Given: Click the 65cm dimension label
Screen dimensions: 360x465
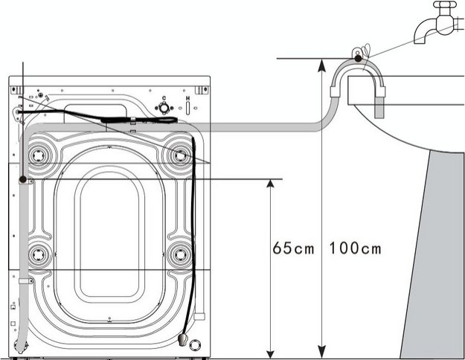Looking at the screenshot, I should pyautogui.click(x=293, y=248).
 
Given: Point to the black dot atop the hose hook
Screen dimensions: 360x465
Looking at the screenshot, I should pyautogui.click(x=358, y=58).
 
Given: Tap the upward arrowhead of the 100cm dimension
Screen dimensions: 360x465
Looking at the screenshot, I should pyautogui.click(x=321, y=64).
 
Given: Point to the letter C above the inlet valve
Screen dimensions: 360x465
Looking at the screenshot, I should pyautogui.click(x=162, y=97).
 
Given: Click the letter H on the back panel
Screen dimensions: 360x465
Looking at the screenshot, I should pyautogui.click(x=187, y=98).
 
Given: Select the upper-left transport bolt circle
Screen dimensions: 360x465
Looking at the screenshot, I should pyautogui.click(x=36, y=155).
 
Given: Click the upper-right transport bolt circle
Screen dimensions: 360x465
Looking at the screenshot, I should pyautogui.click(x=179, y=155).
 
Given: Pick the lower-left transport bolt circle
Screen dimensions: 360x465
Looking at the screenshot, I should pyautogui.click(x=36, y=254).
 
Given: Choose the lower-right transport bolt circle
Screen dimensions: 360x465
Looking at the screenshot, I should pyautogui.click(x=179, y=254).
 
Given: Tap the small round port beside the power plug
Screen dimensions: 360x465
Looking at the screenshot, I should pyautogui.click(x=195, y=344).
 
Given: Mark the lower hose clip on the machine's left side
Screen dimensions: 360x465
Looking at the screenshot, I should pyautogui.click(x=25, y=282).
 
